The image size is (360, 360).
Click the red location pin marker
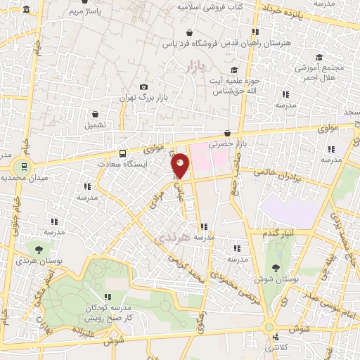tap(181, 165)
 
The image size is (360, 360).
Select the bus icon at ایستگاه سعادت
tap(123, 153)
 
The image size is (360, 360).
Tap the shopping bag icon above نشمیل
tap(96, 113)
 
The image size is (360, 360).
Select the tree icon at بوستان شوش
tap(275, 268)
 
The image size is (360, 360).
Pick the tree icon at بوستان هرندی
tap(39, 248)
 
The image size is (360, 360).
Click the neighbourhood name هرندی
tap(171, 239)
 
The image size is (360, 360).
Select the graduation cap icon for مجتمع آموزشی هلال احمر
tap(319, 57)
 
